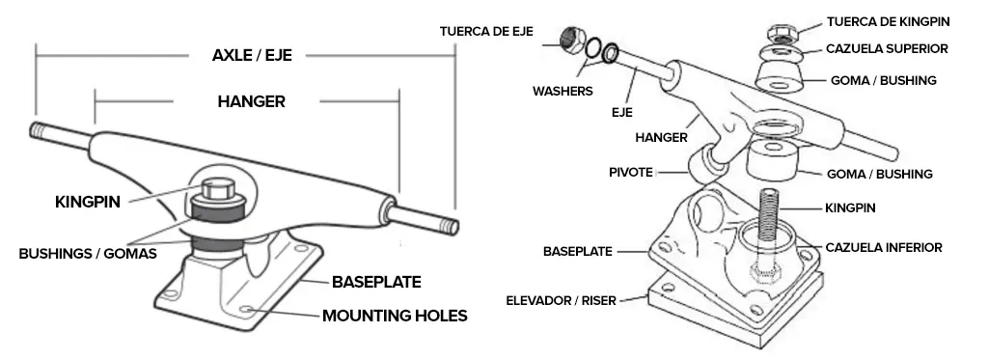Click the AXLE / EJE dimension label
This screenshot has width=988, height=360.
[x=252, y=55]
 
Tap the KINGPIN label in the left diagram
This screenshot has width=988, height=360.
[x=88, y=203]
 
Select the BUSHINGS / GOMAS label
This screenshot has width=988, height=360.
[x=88, y=254]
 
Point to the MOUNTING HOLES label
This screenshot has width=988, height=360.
[x=395, y=316]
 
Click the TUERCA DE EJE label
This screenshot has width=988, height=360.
[x=486, y=31]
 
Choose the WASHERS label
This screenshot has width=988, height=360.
[x=563, y=92]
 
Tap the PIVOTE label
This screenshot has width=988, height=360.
[x=631, y=172]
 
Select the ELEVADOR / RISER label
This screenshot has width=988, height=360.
[x=561, y=301]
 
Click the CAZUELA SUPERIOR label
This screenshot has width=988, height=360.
[x=887, y=48]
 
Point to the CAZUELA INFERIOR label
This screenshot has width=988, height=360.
[x=884, y=248]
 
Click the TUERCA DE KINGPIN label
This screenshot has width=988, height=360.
[x=889, y=22]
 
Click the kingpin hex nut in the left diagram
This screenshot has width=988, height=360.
[x=219, y=188]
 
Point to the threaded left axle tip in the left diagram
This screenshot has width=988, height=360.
[x=41, y=130]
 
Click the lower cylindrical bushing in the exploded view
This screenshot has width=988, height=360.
[x=773, y=161]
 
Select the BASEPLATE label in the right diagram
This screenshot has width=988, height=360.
[x=578, y=252]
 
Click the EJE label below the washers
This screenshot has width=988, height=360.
[x=622, y=113]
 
